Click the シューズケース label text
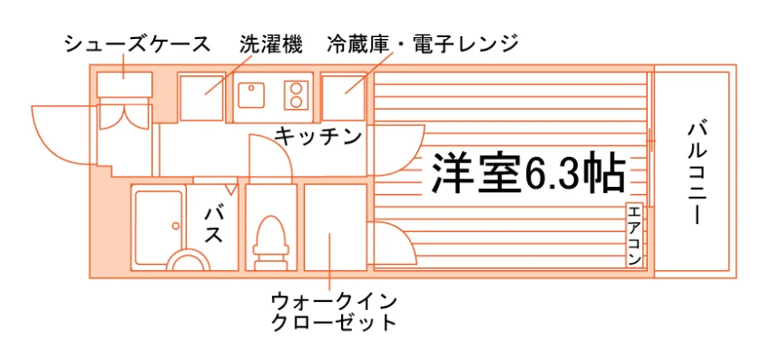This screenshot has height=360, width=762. pos(138,44)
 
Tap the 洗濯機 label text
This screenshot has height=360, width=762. pos(271,44)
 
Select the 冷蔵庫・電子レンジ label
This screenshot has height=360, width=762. pos(421,44)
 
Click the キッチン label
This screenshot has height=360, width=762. pos(318,137)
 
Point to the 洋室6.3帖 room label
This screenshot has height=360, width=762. pos(528,173)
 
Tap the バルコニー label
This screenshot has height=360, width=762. pos(698,173)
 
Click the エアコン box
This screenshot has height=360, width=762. pos(635,235)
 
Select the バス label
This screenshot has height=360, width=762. pos(214,225)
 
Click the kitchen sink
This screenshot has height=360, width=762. pos(250,94)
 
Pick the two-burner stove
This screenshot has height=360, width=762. pos(296,94)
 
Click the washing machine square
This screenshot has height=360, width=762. pos(201,97)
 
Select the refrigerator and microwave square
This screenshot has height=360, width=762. pos(343,97)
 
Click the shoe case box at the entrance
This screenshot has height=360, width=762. pos(124,84)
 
